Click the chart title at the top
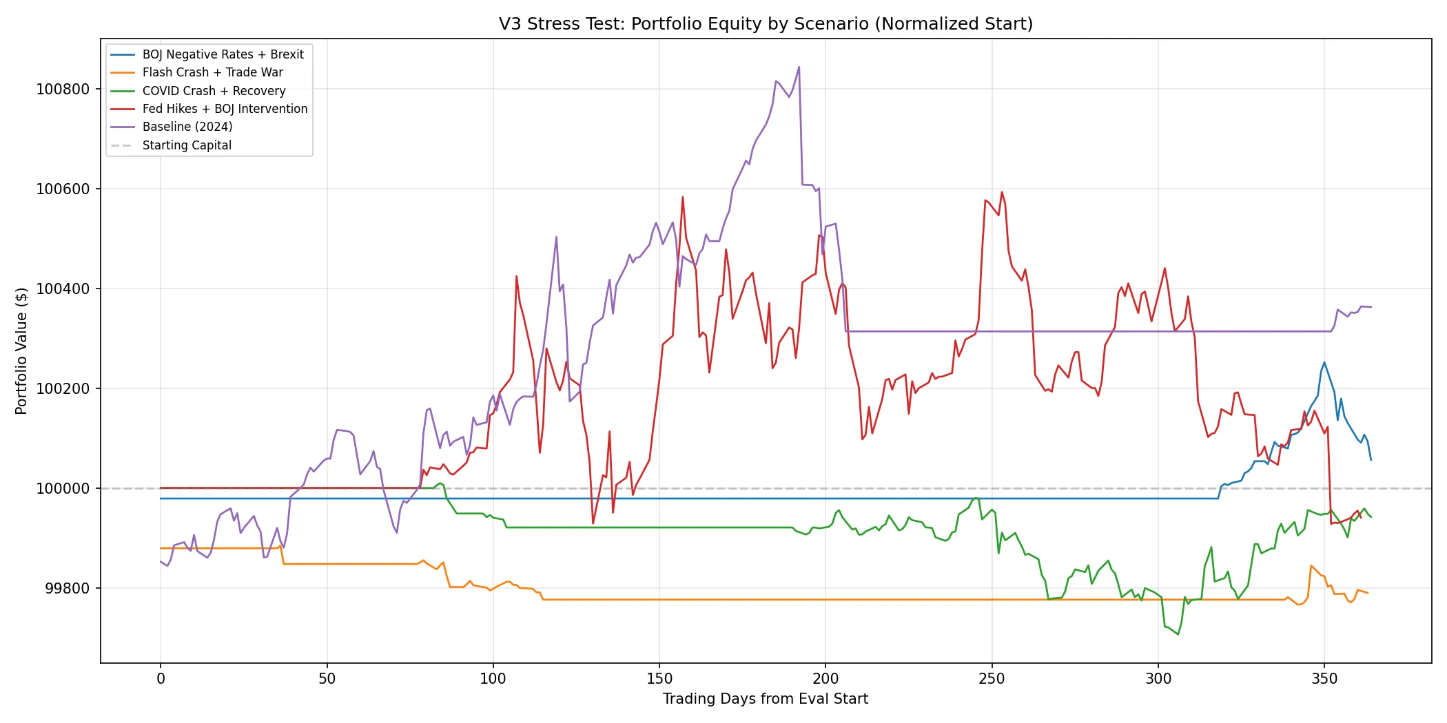click(766, 24)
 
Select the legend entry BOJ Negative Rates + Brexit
click(223, 54)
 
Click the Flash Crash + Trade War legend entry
click(212, 72)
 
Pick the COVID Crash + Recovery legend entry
click(214, 91)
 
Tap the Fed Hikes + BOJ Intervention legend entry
click(225, 109)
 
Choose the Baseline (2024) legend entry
click(187, 127)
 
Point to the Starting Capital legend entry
click(187, 145)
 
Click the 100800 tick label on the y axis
click(63, 90)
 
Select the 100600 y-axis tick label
click(63, 189)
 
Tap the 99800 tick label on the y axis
click(67, 589)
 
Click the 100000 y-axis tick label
click(63, 489)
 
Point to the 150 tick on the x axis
click(659, 679)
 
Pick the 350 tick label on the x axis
click(1324, 679)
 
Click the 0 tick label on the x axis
click(161, 679)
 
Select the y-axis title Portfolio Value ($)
click(21, 351)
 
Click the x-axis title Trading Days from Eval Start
click(766, 699)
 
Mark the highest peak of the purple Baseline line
click(799, 67)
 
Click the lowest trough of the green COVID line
click(1178, 634)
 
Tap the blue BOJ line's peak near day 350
click(1324, 362)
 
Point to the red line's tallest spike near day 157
click(682, 197)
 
